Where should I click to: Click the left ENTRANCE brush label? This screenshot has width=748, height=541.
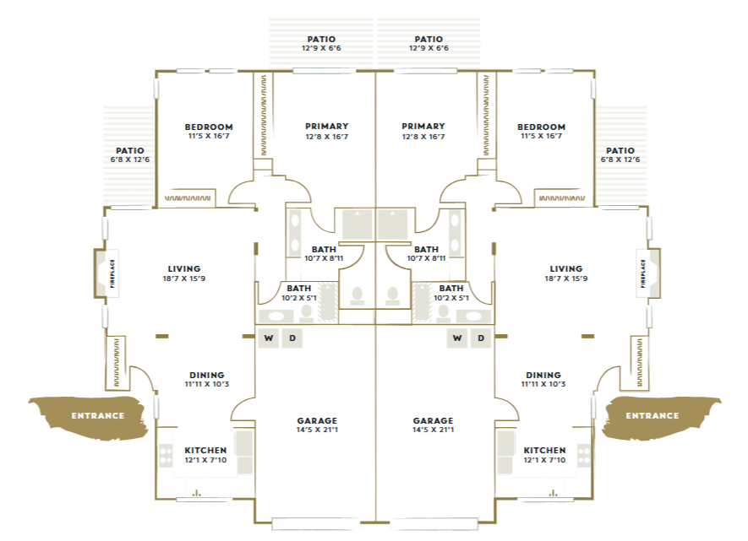tap(98, 416)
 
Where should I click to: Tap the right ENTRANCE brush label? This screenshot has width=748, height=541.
tap(652, 416)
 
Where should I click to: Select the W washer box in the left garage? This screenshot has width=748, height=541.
tap(269, 338)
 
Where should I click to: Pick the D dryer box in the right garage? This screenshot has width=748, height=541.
tap(481, 338)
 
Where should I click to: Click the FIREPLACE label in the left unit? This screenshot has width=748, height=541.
tap(112, 273)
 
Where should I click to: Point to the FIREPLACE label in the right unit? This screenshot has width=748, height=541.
tap(643, 273)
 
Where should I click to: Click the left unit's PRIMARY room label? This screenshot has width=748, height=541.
tap(327, 127)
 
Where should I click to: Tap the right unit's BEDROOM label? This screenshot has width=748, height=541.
tap(542, 127)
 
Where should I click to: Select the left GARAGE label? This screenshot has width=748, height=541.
tap(317, 420)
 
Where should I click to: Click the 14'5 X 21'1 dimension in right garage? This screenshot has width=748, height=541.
tap(433, 430)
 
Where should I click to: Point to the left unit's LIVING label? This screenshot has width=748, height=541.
tap(184, 268)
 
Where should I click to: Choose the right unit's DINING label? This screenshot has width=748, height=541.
tap(543, 375)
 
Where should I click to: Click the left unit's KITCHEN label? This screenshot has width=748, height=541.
tap(205, 450)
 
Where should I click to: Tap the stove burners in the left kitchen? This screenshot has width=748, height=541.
tap(166, 455)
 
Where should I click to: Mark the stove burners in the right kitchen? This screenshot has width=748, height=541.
tap(584, 455)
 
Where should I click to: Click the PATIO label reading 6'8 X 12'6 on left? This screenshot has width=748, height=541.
tap(130, 154)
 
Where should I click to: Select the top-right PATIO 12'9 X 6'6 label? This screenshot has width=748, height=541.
tap(429, 43)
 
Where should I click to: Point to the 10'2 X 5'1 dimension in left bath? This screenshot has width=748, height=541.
tap(298, 298)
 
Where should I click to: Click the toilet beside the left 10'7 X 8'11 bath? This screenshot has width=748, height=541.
tap(357, 295)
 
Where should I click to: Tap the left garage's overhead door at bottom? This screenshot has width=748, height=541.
tap(315, 524)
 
